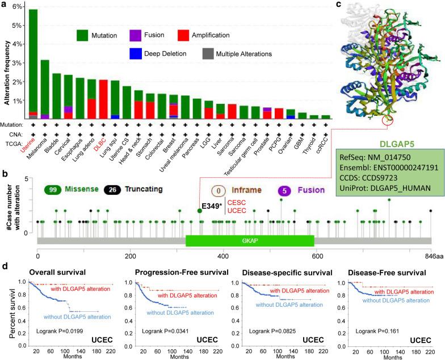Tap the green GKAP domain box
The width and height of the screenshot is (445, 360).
[x=249, y=241]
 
